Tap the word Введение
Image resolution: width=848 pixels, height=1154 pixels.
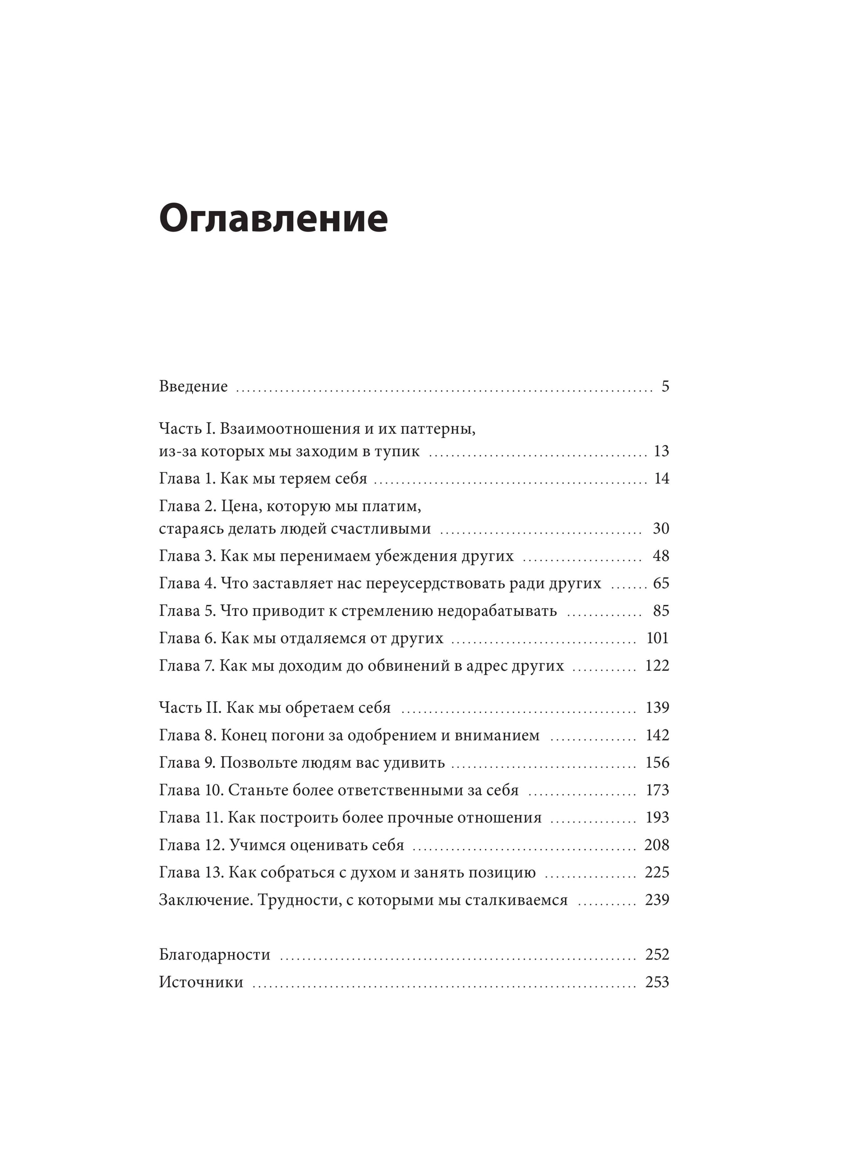click(x=193, y=387)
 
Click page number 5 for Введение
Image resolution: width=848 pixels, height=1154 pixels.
click(x=665, y=387)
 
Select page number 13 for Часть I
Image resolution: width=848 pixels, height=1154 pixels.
click(x=661, y=451)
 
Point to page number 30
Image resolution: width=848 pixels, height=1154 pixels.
click(x=661, y=528)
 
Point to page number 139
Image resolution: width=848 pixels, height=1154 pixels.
click(x=657, y=708)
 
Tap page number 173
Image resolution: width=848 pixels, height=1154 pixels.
click(x=657, y=790)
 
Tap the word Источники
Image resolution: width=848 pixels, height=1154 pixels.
click(x=201, y=982)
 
